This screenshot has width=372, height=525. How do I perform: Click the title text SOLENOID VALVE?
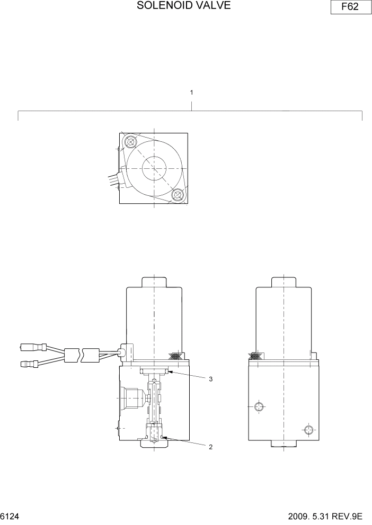(184, 6)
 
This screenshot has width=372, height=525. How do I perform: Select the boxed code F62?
(349, 9)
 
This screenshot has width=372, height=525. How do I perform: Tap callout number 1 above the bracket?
(191, 92)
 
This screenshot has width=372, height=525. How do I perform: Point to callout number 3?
(210, 379)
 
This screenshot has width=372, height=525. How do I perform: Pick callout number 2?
(210, 447)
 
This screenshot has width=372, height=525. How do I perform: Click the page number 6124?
(11, 515)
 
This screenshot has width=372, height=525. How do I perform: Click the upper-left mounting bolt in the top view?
(130, 142)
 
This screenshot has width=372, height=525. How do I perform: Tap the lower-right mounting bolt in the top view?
(178, 195)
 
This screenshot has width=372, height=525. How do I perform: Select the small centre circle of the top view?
(154, 169)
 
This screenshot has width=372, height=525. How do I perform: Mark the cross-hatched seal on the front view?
(176, 358)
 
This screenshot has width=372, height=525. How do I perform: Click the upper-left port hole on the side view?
(259, 406)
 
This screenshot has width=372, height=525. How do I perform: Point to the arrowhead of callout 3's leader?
(169, 373)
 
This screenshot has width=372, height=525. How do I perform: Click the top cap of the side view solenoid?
(284, 282)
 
